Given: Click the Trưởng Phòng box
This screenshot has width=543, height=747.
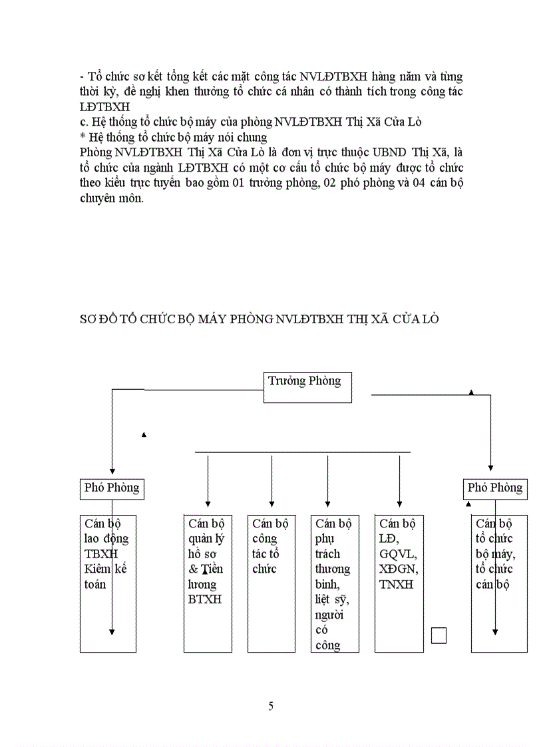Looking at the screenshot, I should click(x=307, y=387).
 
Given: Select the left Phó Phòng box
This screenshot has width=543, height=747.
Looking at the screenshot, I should click(x=112, y=488).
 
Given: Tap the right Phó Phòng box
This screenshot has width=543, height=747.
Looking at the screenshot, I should click(x=494, y=488).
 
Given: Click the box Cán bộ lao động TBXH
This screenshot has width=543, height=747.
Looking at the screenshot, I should click(x=108, y=583).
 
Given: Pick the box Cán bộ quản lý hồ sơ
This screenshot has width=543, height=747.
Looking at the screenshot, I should click(x=208, y=583).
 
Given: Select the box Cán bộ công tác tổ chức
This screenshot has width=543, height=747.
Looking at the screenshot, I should click(x=271, y=583).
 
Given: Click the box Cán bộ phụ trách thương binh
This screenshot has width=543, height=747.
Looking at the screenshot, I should click(x=335, y=583).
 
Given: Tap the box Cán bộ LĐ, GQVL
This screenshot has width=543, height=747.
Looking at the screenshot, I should click(x=399, y=583).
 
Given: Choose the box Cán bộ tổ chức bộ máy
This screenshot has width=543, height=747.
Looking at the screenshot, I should click(x=499, y=583).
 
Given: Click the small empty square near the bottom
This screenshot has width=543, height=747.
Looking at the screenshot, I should click(x=439, y=635).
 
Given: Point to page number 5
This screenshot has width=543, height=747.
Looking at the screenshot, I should click(x=271, y=706).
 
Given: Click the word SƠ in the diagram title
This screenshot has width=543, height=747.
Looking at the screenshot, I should click(x=88, y=319).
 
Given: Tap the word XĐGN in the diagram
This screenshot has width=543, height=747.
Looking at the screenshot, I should click(x=399, y=569).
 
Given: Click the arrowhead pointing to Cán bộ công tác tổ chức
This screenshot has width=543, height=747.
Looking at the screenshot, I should click(x=271, y=504).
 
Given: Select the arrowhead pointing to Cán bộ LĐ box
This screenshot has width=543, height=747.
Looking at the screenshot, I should click(x=399, y=504).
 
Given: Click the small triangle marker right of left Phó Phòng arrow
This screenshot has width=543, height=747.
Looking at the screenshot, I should click(x=144, y=435).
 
